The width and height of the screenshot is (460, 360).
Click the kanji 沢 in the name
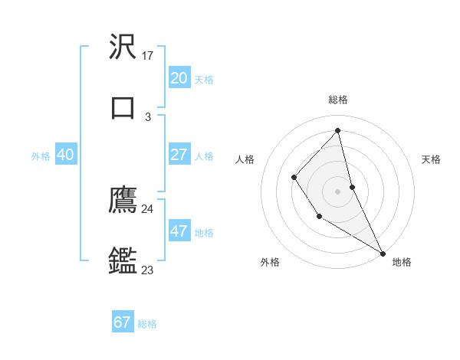pos(123,47)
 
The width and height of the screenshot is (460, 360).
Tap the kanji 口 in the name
pos(123,107)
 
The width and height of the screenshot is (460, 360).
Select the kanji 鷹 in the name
pos(123,200)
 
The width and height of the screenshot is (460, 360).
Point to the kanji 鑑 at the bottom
pos(123,261)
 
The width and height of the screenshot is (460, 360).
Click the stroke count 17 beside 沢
pos(148,56)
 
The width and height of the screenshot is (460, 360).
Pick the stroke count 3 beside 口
pos(148,117)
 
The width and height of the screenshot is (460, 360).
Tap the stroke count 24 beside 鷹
pos(147,208)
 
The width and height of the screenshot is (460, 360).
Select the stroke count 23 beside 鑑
pos(147,270)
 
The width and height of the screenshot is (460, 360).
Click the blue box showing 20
pos(179,78)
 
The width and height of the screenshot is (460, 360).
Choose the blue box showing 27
pos(179,155)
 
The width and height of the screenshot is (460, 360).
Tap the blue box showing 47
pos(179,231)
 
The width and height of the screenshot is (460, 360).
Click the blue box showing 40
pos(65,155)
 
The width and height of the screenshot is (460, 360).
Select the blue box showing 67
pos(123,322)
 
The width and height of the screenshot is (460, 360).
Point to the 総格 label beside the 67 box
pos(147,324)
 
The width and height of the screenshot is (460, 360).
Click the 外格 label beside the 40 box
pos(41,156)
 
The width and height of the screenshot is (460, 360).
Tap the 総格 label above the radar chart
pos(337,100)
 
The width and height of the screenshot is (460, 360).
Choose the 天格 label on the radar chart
pos(431,159)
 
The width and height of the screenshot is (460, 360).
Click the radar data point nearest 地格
pos(383,253)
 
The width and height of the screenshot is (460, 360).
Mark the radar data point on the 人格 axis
pos(294,178)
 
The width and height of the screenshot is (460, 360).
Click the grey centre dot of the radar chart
pos(337,190)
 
